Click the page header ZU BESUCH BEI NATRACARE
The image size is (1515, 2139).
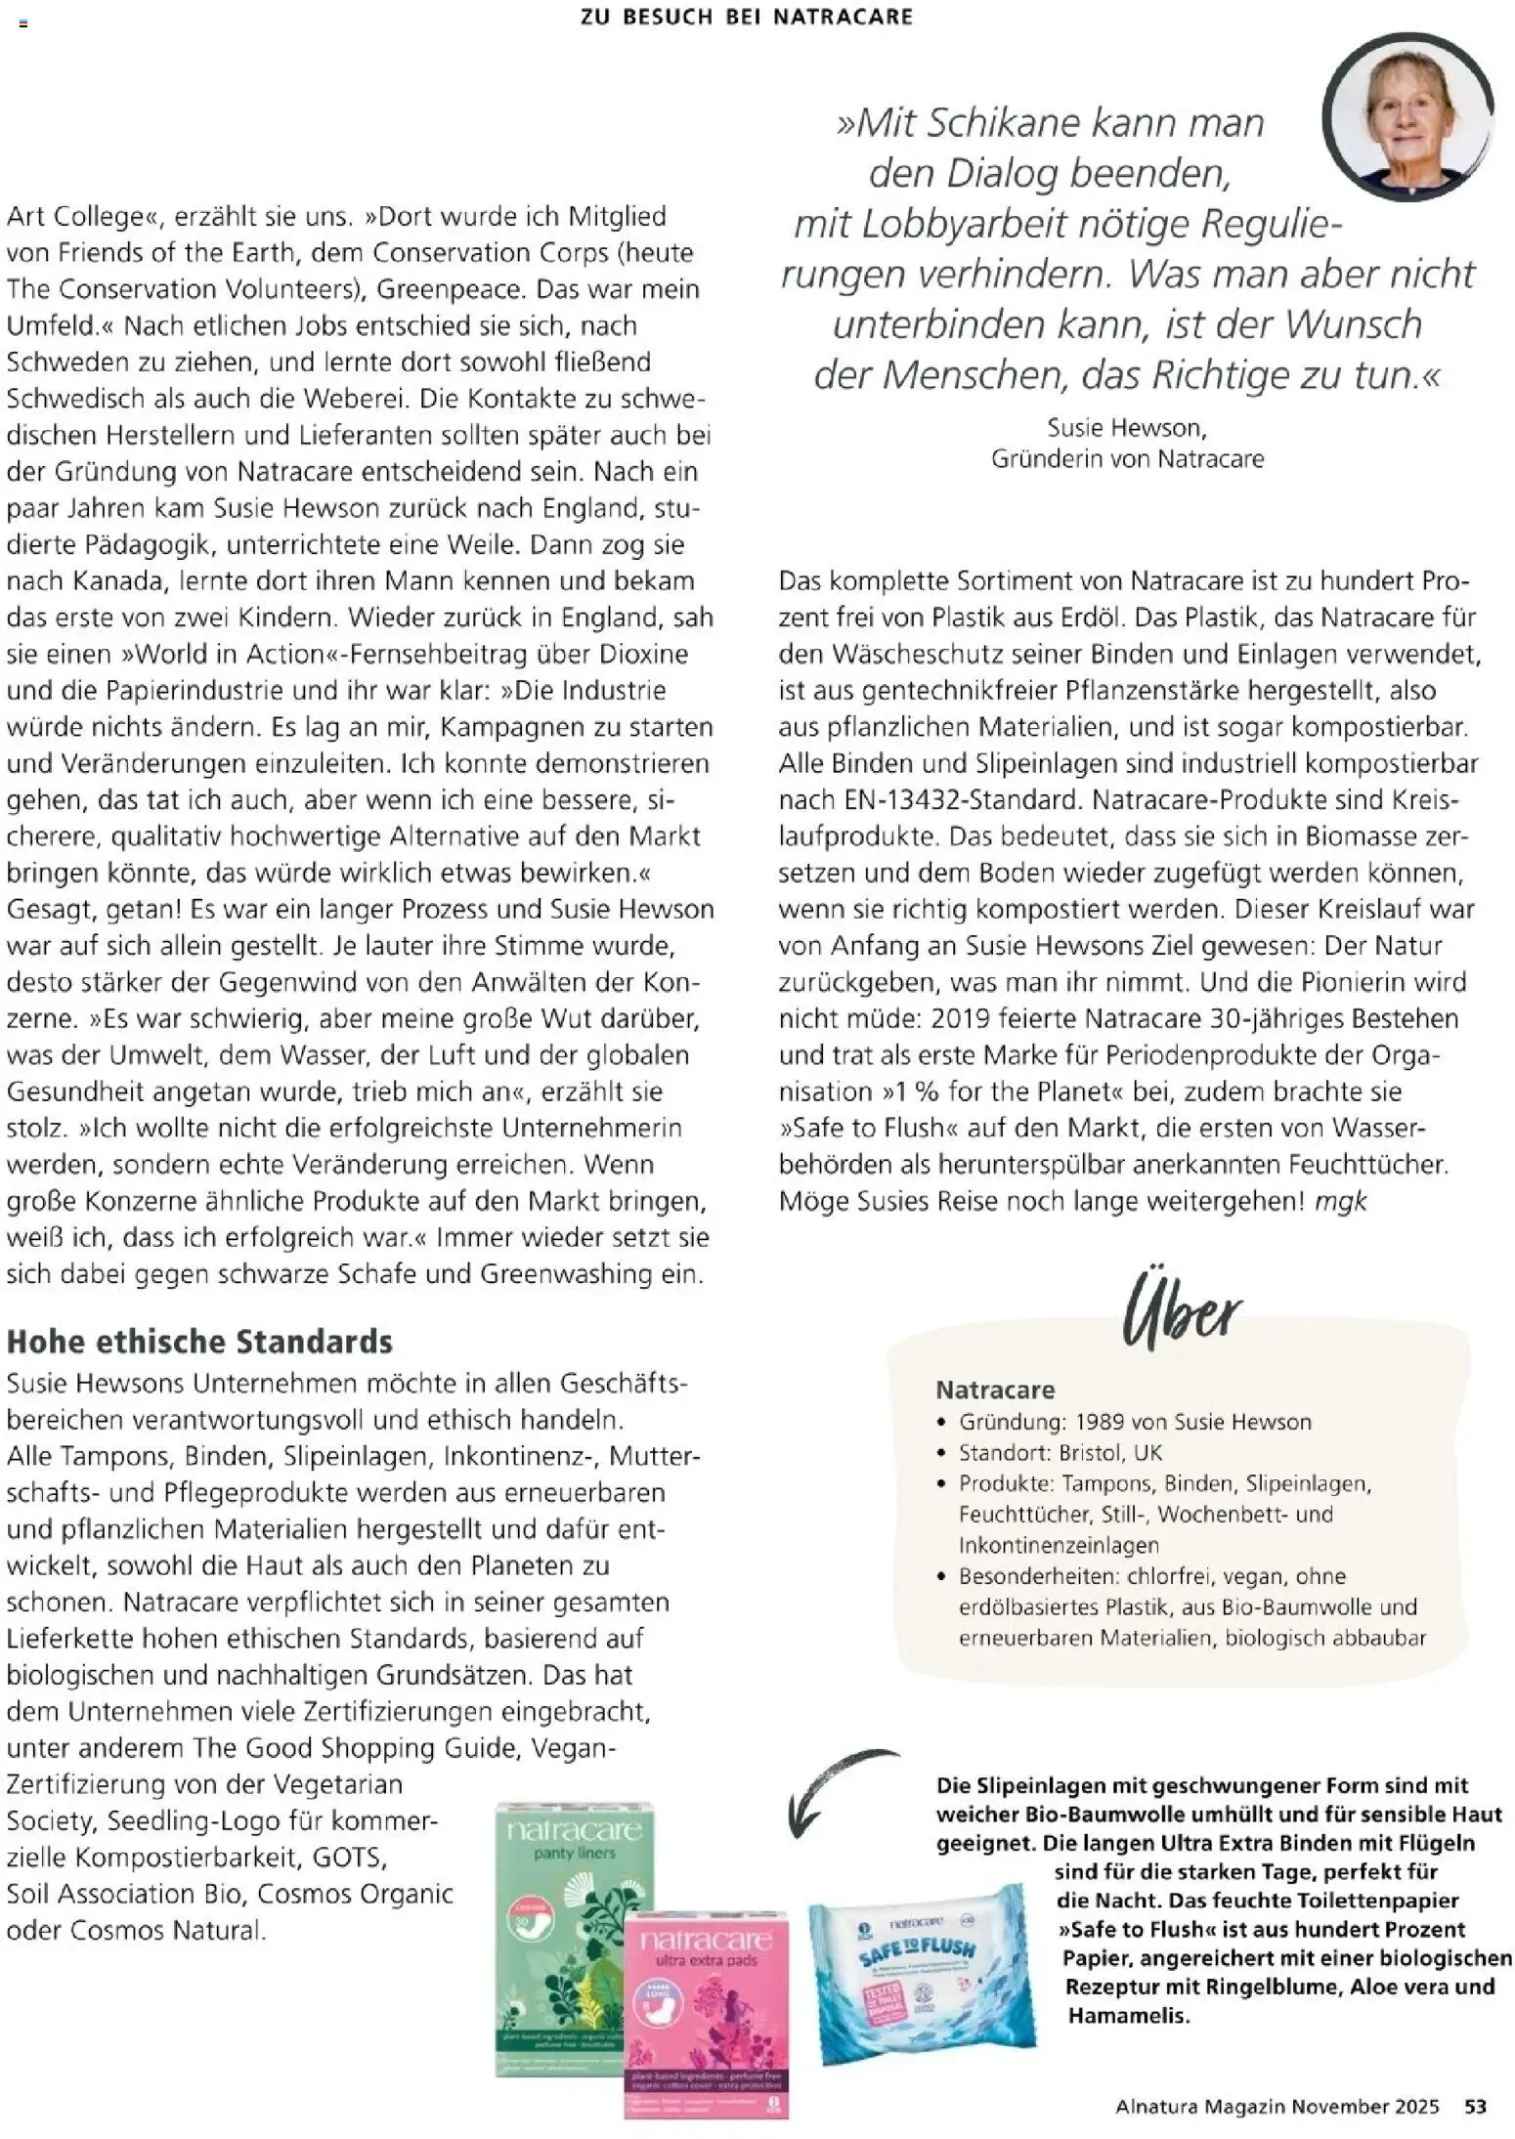tap(746, 17)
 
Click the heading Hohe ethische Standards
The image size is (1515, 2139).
tap(199, 1342)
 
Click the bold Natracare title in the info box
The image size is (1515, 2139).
tap(995, 1390)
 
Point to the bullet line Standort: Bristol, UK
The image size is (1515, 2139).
tap(1060, 1452)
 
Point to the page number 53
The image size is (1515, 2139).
tap(1475, 2106)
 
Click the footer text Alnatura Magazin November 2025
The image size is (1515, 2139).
tap(1277, 2106)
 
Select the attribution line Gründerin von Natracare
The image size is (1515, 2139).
tap(1127, 458)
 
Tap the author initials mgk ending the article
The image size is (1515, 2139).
tap(1340, 1201)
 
